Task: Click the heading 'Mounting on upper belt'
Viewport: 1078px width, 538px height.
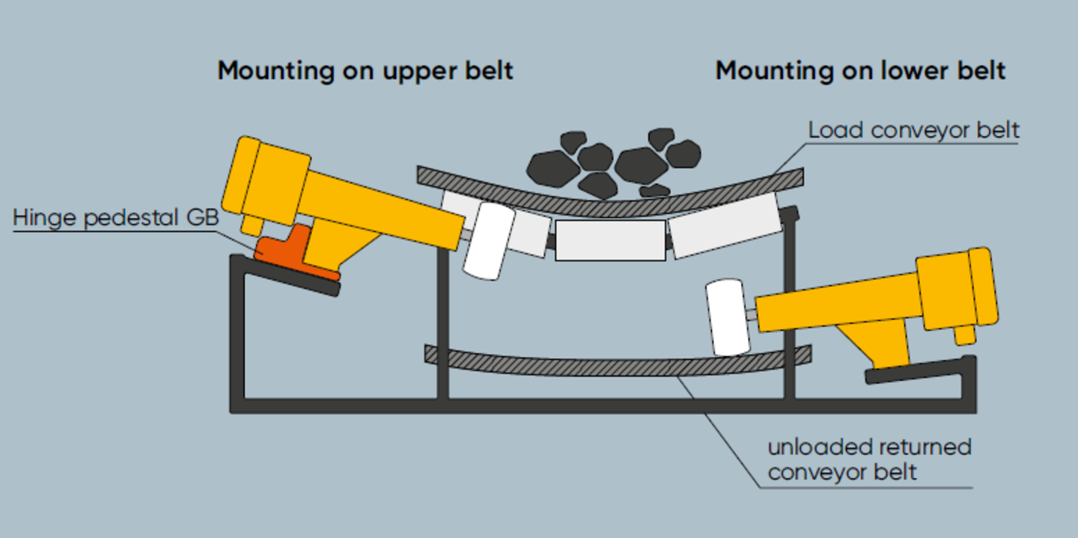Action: tap(365, 71)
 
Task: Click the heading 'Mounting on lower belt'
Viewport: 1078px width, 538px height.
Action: tap(860, 71)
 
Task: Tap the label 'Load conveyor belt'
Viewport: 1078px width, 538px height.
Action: tap(913, 130)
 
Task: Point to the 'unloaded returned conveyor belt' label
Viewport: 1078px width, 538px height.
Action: tap(868, 459)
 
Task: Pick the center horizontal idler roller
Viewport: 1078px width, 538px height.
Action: tap(610, 240)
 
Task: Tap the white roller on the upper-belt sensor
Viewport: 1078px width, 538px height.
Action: tap(488, 241)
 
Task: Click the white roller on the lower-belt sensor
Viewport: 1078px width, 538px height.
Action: tap(728, 317)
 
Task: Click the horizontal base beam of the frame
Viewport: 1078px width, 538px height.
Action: tap(599, 406)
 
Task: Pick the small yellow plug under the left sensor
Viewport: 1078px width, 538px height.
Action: tap(251, 224)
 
